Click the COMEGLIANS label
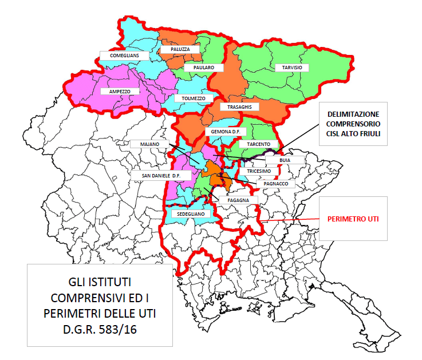coord(124,56)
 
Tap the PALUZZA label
coord(180,50)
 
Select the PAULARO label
coord(203,68)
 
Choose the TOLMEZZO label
coord(193,98)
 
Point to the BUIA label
coord(282,161)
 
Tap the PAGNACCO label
coord(275,184)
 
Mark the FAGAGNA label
coord(238,200)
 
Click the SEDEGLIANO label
coord(191,213)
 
